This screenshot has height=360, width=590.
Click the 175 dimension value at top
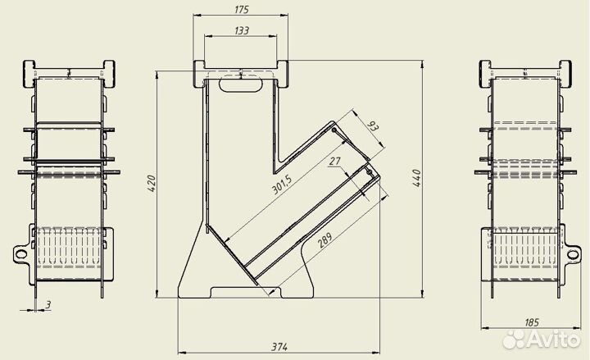(242, 9)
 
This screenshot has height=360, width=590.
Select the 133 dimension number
(242, 30)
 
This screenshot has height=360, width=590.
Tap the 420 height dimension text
(152, 184)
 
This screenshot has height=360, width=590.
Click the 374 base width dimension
(279, 347)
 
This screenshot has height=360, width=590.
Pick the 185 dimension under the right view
(532, 322)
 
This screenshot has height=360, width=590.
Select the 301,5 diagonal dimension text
(282, 185)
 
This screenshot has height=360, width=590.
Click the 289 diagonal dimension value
(325, 240)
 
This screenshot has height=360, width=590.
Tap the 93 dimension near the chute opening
(372, 125)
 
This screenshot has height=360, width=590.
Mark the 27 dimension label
(334, 162)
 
